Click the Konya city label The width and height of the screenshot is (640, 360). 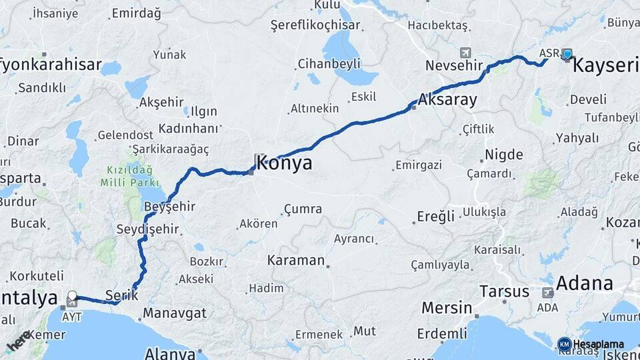click(x=285, y=163)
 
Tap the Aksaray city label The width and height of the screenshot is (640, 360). click(x=448, y=101)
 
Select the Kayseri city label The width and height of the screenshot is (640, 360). click(x=605, y=65)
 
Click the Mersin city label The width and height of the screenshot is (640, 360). click(x=446, y=308)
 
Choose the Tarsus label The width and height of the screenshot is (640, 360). click(x=505, y=291)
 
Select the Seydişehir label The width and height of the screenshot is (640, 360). click(x=147, y=229)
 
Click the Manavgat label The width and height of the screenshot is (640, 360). click(x=175, y=313)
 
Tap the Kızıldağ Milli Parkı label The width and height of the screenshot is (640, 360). click(x=130, y=176)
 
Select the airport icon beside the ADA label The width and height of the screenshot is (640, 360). click(x=549, y=292)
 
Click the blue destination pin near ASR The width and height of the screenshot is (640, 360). click(x=567, y=54)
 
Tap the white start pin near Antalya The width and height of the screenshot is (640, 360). click(x=72, y=295)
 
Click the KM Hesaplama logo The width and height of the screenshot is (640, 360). click(x=591, y=344)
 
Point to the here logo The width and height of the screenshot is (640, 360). click(x=18, y=340)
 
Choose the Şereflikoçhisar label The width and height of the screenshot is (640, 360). click(x=315, y=25)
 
